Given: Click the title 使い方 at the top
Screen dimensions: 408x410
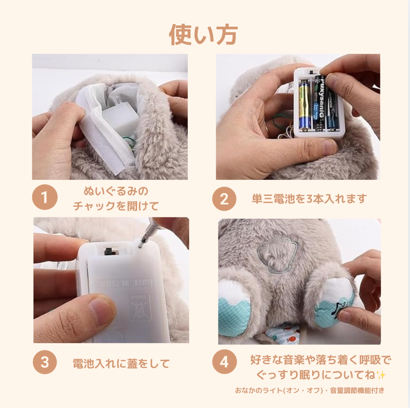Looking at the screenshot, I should point(203,34).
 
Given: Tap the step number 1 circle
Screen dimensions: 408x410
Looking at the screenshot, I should point(44,198).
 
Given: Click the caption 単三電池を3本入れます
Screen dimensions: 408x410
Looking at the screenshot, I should point(309,199).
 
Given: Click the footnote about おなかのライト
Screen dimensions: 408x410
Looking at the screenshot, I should point(309,390).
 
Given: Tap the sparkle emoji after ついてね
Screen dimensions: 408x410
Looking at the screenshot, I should point(380,375).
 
